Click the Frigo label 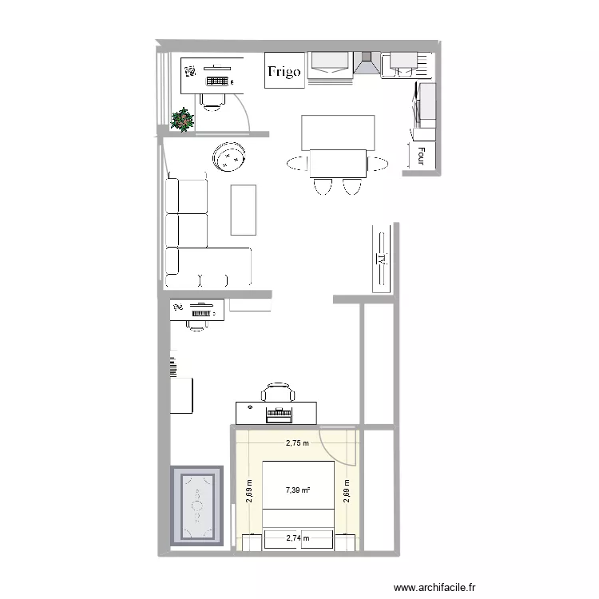click(x=284, y=72)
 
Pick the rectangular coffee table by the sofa click(x=244, y=209)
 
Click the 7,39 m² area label click(x=299, y=492)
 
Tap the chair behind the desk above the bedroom click(x=277, y=392)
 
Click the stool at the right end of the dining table click(x=378, y=165)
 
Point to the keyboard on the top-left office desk click(x=218, y=80)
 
